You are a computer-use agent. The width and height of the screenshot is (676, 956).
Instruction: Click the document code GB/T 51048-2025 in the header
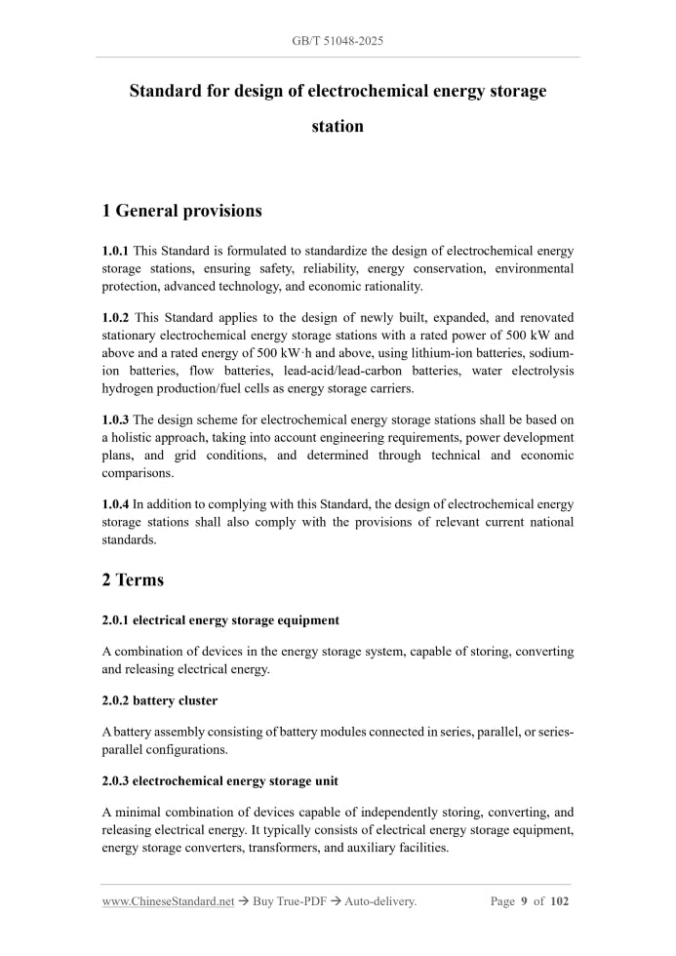(338, 41)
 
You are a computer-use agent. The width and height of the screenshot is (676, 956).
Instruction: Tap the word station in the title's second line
(338, 126)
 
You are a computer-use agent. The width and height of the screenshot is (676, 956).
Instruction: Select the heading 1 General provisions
(181, 210)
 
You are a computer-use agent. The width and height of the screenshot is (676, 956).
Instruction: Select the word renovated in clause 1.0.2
(542, 317)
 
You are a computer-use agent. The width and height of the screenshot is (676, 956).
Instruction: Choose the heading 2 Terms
(133, 579)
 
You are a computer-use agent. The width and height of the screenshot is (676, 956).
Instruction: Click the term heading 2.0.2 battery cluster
(159, 700)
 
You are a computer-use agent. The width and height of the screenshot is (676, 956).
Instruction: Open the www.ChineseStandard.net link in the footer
(168, 901)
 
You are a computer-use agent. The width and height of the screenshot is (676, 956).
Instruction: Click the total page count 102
(559, 901)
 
